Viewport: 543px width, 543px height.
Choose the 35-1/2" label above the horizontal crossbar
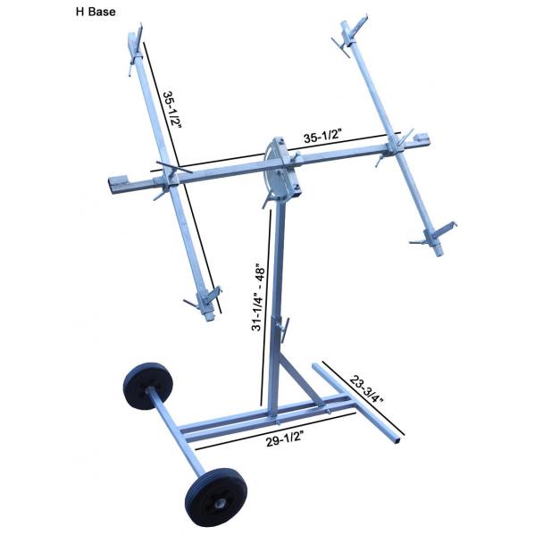coord(325,138)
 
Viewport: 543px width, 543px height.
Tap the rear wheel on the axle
coord(146,386)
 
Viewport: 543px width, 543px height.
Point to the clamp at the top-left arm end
coord(136,45)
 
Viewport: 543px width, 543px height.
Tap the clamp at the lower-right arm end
coord(435,237)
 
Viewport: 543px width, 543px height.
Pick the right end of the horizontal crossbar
coord(425,140)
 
